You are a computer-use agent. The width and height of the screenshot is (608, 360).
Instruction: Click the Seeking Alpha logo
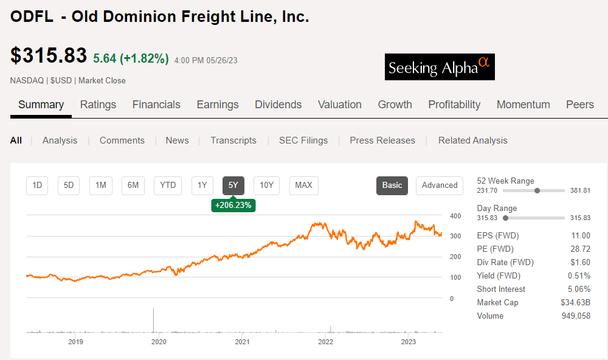click(440, 67)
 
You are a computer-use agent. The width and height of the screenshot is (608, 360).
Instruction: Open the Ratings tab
click(98, 105)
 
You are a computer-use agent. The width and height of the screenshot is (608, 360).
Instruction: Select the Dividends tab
click(278, 105)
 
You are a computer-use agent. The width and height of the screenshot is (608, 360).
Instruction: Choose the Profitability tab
click(454, 105)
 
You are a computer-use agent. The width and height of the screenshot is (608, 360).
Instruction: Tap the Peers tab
click(579, 105)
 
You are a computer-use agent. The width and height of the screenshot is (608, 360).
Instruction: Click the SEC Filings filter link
click(303, 140)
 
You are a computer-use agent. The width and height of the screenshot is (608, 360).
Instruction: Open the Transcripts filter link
click(233, 140)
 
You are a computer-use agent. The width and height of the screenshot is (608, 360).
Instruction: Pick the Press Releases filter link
click(382, 140)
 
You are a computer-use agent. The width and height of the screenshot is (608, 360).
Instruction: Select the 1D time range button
click(37, 185)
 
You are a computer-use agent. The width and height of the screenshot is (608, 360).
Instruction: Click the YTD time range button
click(168, 185)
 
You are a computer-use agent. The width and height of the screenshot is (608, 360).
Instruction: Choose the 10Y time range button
click(266, 185)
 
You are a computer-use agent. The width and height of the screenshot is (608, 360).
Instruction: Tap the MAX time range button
click(303, 185)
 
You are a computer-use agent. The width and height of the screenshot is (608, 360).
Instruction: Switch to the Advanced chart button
click(439, 185)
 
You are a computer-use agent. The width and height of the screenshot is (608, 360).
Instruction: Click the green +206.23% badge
click(233, 206)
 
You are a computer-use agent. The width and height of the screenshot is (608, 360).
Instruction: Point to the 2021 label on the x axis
click(242, 342)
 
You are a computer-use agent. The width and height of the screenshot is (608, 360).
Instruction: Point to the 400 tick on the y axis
click(455, 216)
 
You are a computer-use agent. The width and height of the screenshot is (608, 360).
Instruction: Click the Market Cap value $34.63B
click(575, 303)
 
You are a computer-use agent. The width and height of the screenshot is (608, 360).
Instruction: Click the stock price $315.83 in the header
click(49, 56)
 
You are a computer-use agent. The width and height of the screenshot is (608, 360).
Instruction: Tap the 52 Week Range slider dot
click(537, 190)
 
